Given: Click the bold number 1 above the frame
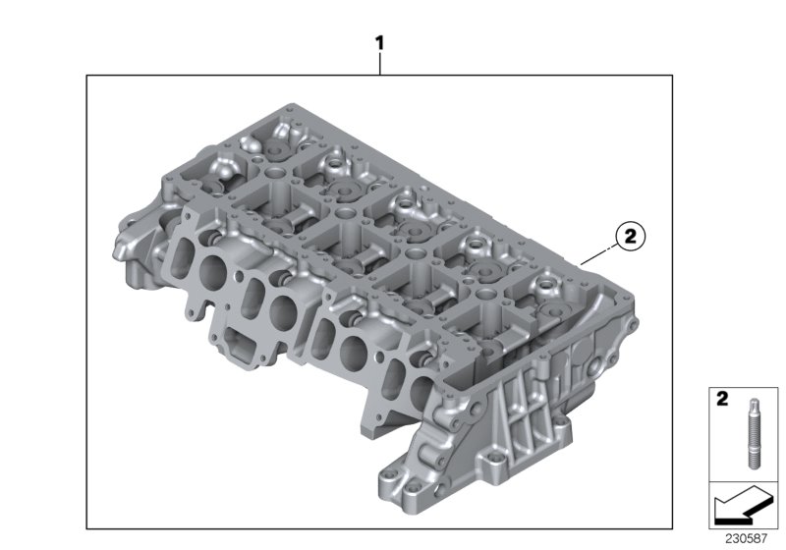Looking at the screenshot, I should click(379, 43).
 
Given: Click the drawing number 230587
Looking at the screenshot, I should click(745, 539).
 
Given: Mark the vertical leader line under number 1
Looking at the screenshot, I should click(379, 64).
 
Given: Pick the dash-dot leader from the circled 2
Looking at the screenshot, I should click(597, 252).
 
